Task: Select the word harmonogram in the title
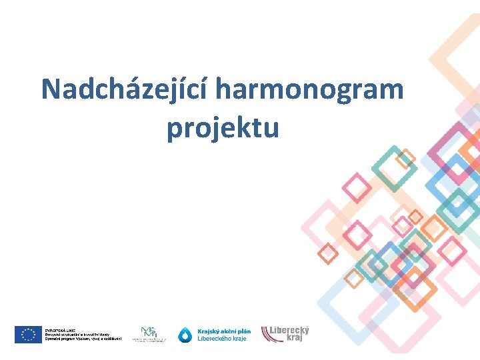[310, 89]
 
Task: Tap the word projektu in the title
[223, 127]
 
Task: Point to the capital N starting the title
[51, 89]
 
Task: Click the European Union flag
[29, 334]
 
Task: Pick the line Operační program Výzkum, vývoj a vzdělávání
[83, 339]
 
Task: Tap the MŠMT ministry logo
[149, 334]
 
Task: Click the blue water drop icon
[185, 335]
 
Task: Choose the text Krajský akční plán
[224, 331]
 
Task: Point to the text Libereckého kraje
[221, 339]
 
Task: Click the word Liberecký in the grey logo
[289, 330]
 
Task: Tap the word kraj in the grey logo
[294, 338]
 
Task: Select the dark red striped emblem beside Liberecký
[268, 333]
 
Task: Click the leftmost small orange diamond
[327, 253]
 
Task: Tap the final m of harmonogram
[391, 89]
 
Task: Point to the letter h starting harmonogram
[225, 89]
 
